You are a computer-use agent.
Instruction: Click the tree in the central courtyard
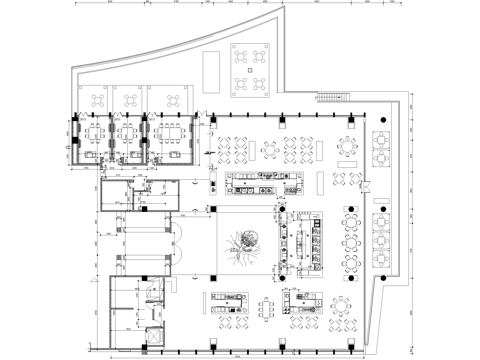243,245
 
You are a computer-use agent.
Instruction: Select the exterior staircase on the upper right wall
331,97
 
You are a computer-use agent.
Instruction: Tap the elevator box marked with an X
154,337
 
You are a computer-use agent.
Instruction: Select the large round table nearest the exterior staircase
348,147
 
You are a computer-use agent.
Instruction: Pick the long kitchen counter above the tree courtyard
265,182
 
